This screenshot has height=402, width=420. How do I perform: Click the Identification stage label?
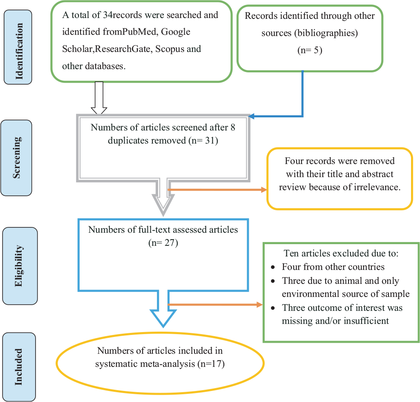point(18,47)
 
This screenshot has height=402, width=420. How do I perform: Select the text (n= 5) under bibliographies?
point(310,50)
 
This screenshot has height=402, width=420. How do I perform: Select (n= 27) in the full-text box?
point(163,243)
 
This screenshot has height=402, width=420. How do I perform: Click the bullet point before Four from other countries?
point(273,267)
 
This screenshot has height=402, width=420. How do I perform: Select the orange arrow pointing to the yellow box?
point(217,190)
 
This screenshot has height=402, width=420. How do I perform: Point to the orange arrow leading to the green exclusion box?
point(214,304)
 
